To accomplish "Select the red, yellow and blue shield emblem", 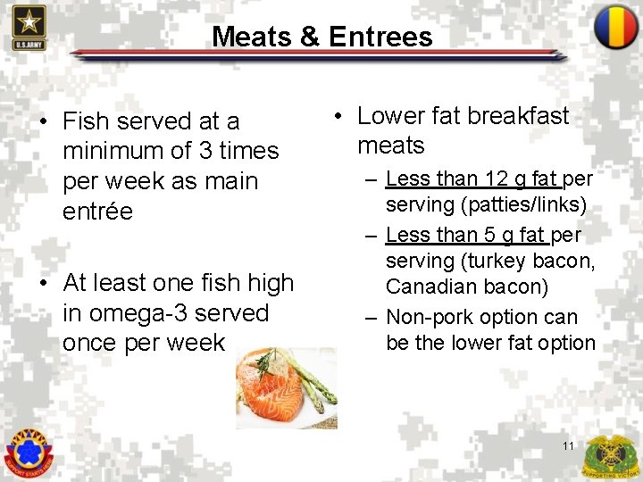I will click(x=616, y=27).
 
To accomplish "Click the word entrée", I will click(x=97, y=212).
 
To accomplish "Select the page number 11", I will click(x=569, y=445).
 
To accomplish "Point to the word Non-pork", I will click(x=429, y=317).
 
